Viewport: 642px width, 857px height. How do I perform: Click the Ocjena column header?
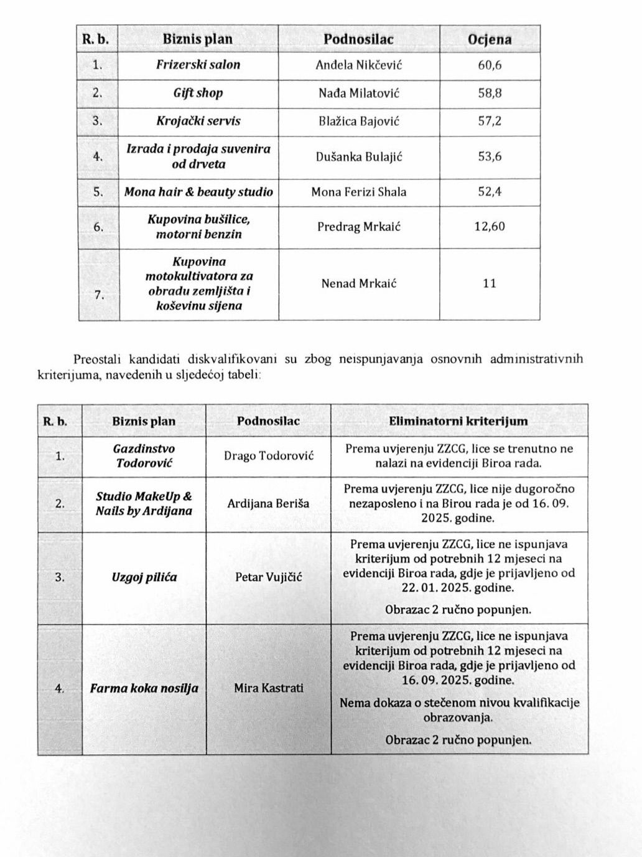pyautogui.click(x=490, y=39)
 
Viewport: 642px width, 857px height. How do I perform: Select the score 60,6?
pyautogui.click(x=490, y=65)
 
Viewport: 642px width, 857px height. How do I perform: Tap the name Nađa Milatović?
pyautogui.click(x=359, y=93)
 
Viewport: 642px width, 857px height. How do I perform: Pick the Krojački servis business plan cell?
pyautogui.click(x=198, y=121)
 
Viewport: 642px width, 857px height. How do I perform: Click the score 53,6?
pyautogui.click(x=490, y=156)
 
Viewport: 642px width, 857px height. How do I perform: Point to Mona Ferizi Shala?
pyautogui.click(x=359, y=192)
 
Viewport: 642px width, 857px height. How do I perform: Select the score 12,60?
pyautogui.click(x=490, y=226)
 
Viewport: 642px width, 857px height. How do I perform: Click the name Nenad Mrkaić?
pyautogui.click(x=359, y=284)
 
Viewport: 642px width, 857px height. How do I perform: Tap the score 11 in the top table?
pyautogui.click(x=490, y=284)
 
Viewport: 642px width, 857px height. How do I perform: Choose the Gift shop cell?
pyautogui.click(x=198, y=93)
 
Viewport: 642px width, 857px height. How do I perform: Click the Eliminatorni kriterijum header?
pyautogui.click(x=458, y=421)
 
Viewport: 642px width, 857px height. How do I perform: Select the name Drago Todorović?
pyautogui.click(x=269, y=456)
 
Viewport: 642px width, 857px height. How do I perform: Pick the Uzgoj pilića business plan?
pyautogui.click(x=144, y=577)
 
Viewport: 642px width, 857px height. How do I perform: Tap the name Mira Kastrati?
pyautogui.click(x=269, y=688)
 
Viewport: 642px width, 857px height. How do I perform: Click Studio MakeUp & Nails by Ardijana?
pyautogui.click(x=144, y=504)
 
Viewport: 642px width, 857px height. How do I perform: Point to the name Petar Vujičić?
pyautogui.click(x=269, y=577)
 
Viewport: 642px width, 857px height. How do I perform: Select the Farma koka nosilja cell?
pyautogui.click(x=144, y=688)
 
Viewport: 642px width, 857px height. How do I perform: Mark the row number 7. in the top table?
pyautogui.click(x=99, y=295)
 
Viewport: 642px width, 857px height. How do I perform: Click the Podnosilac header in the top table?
pyautogui.click(x=359, y=39)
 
